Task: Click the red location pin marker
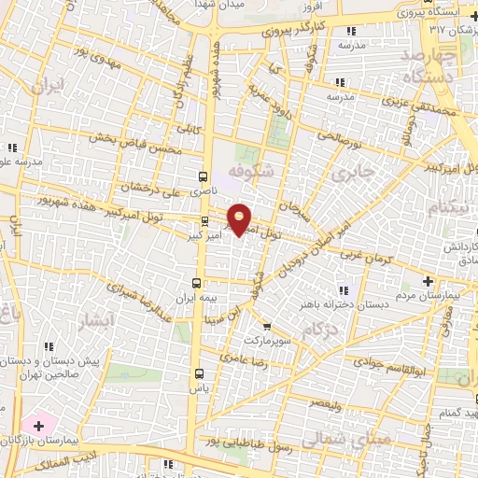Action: point(240,218)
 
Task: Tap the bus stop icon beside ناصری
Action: point(204,175)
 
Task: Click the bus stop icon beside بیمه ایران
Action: point(196,282)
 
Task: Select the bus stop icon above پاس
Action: point(197,371)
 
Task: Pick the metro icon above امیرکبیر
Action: point(205,221)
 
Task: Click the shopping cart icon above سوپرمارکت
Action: point(268,327)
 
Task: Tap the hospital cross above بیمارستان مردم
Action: point(428,281)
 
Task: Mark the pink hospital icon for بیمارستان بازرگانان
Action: point(39,426)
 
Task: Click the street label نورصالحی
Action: point(352,137)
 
